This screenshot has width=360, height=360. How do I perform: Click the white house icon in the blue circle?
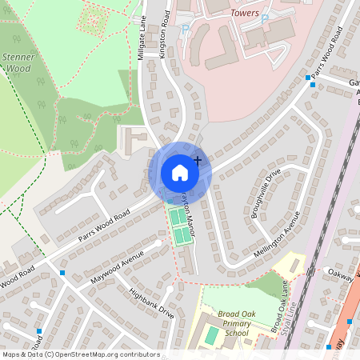pos(180,172)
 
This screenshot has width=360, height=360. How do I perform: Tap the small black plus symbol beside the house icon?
pos(197,161)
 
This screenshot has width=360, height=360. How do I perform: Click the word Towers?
pos(244,13)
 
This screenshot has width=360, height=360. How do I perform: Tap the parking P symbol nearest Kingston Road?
pos(186,30)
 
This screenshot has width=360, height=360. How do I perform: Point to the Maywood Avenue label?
pos(117,264)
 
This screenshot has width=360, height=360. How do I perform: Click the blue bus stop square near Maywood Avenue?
pos(62,273)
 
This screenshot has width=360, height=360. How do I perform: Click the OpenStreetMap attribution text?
pos(80,354)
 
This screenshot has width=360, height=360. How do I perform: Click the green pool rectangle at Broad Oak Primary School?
pos(210,336)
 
